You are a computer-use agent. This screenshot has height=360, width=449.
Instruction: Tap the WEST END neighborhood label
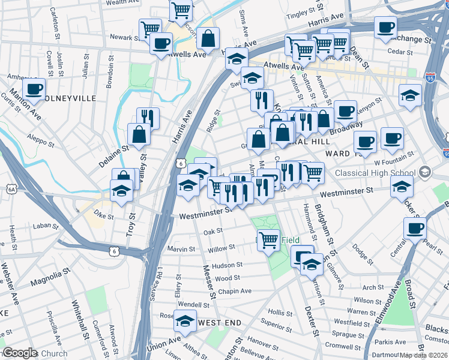click(220, 323)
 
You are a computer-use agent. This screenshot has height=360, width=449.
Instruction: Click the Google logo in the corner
click(20, 353)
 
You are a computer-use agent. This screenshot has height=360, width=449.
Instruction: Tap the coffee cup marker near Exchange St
click(385, 28)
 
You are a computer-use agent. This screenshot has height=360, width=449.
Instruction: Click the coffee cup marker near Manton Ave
click(34, 89)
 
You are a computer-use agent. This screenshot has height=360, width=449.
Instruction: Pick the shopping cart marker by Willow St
click(268, 239)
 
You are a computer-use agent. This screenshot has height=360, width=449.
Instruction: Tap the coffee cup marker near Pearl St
click(415, 228)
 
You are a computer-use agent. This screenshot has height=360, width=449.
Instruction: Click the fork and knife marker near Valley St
click(147, 118)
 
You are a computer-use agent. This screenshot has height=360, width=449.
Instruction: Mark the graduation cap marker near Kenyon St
click(411, 95)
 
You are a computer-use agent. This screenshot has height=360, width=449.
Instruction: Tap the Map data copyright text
click(424, 355)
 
